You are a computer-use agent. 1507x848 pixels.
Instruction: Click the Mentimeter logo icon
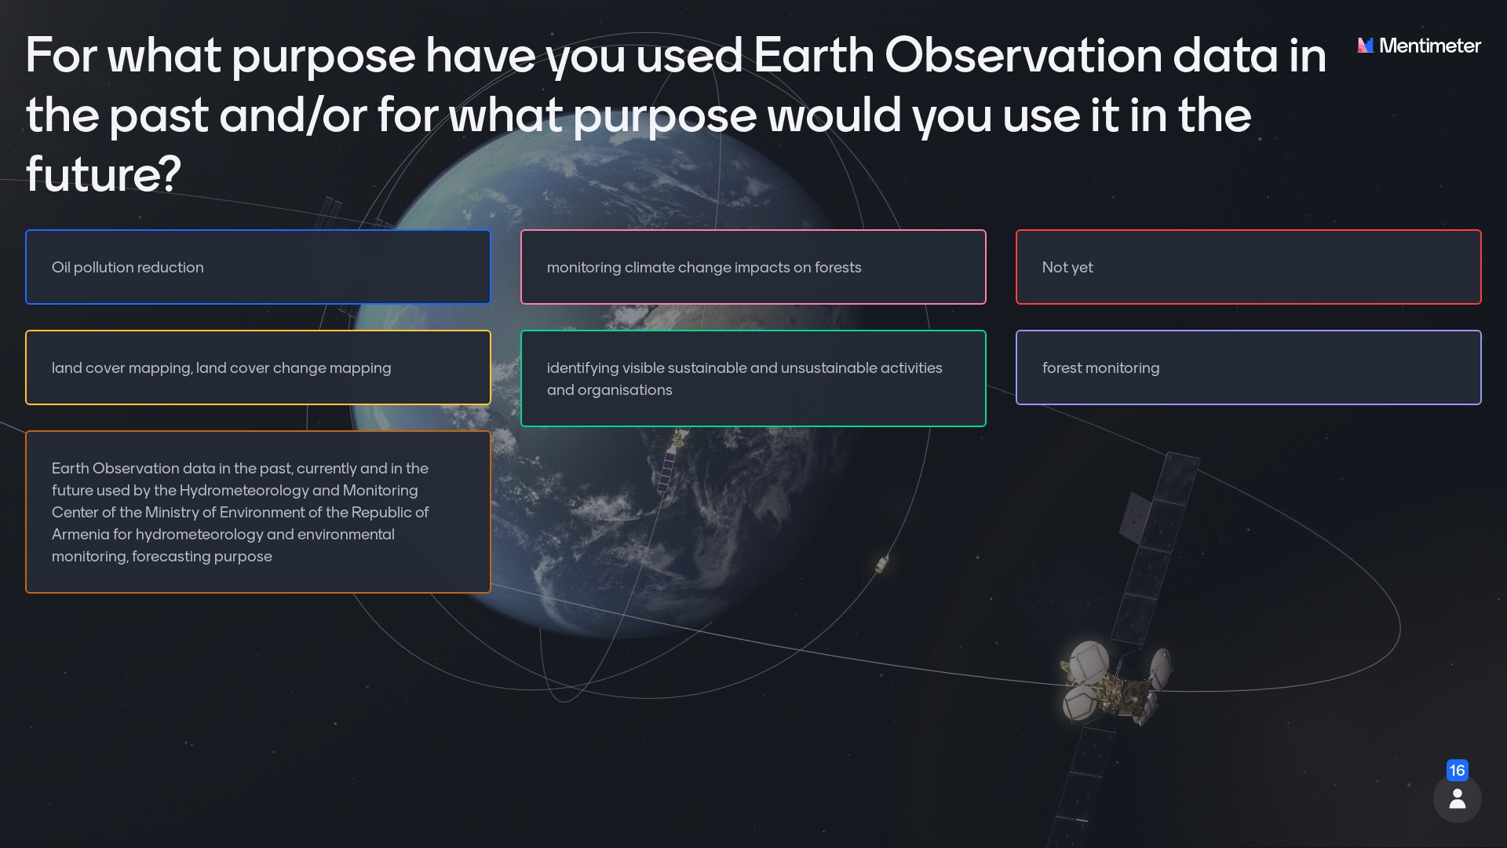(1366, 46)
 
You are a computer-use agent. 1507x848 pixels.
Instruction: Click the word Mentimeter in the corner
(1429, 46)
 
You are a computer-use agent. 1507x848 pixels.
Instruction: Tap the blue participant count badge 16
(1457, 770)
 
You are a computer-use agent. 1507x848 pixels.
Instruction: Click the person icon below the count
(1457, 799)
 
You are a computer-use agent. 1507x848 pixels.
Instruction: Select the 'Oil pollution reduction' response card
(257, 267)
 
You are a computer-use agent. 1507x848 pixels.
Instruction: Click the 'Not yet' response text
(1067, 267)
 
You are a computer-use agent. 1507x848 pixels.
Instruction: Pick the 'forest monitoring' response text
(1100, 367)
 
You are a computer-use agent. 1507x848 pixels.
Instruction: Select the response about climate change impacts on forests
(703, 267)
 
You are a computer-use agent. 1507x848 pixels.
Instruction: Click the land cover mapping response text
(221, 367)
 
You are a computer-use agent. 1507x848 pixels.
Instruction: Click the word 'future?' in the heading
(103, 174)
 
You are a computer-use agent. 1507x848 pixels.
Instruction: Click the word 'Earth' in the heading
(813, 55)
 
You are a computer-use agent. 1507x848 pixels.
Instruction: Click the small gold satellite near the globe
(881, 564)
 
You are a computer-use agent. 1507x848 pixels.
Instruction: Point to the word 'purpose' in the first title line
(323, 57)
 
